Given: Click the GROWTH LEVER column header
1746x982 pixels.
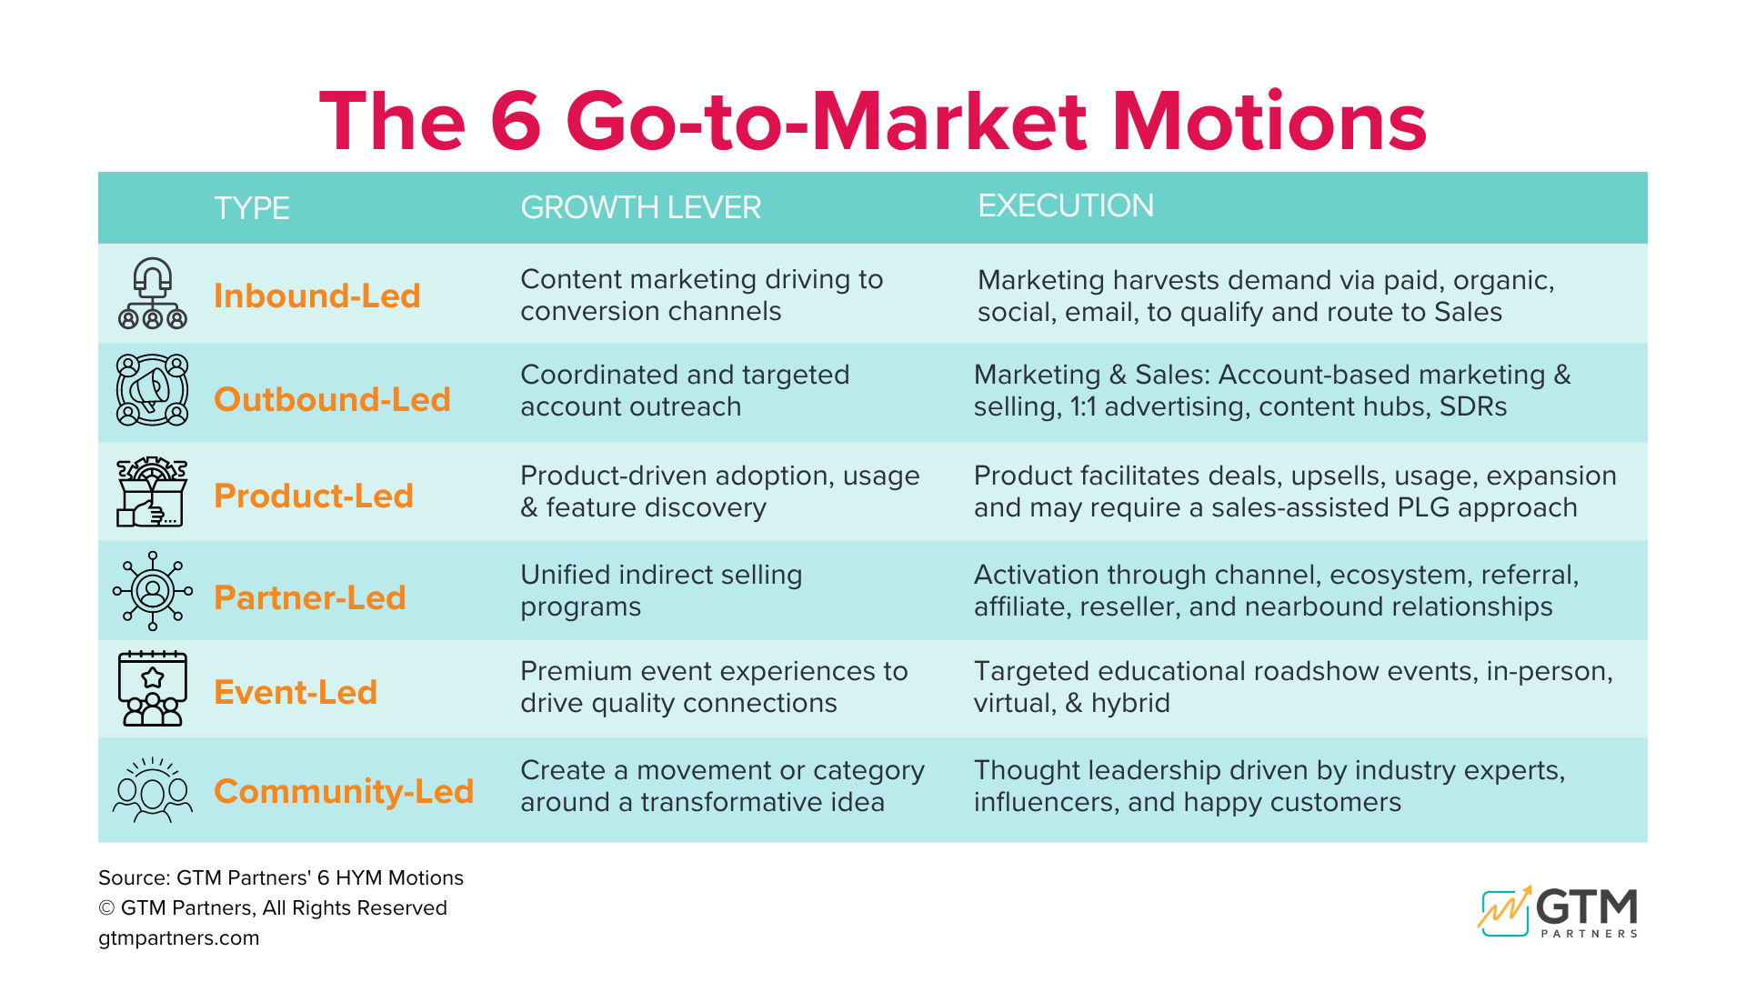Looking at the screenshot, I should [x=640, y=207].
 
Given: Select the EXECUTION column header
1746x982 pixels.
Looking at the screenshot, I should [x=1065, y=205].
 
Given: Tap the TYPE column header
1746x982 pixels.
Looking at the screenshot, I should [x=251, y=208].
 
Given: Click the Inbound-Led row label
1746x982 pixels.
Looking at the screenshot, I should [x=316, y=296].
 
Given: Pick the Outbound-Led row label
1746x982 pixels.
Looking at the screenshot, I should [x=332, y=399].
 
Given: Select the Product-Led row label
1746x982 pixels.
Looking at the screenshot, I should [x=313, y=496].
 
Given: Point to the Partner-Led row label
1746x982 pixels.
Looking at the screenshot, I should [x=309, y=597].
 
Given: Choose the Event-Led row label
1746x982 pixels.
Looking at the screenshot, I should [x=295, y=692].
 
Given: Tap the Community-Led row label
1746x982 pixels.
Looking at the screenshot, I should [x=343, y=791].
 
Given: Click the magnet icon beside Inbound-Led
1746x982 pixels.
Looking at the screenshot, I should [x=153, y=293].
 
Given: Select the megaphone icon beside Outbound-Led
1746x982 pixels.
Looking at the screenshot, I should [x=153, y=390].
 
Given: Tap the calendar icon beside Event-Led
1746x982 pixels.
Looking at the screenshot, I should [x=153, y=688].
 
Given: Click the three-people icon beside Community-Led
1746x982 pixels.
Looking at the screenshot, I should [x=153, y=790].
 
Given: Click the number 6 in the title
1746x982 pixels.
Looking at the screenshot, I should [x=516, y=121].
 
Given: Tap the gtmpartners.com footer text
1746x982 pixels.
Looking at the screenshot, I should [x=179, y=937].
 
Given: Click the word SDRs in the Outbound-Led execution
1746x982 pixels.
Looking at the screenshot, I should [x=1472, y=406].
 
